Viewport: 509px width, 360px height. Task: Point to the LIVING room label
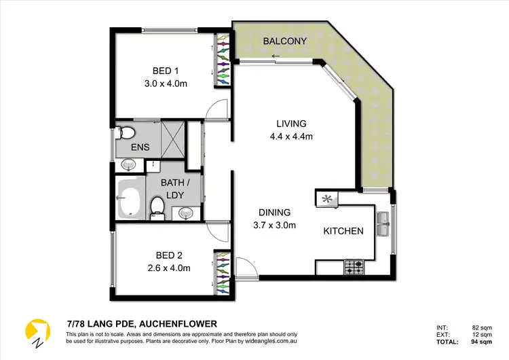tap(291, 124)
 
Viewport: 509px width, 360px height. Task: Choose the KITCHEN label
tap(343, 231)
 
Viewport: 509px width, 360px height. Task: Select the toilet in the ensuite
tap(126, 131)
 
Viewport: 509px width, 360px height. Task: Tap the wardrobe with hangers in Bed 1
tap(223, 62)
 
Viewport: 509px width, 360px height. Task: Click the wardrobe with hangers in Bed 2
tap(223, 273)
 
